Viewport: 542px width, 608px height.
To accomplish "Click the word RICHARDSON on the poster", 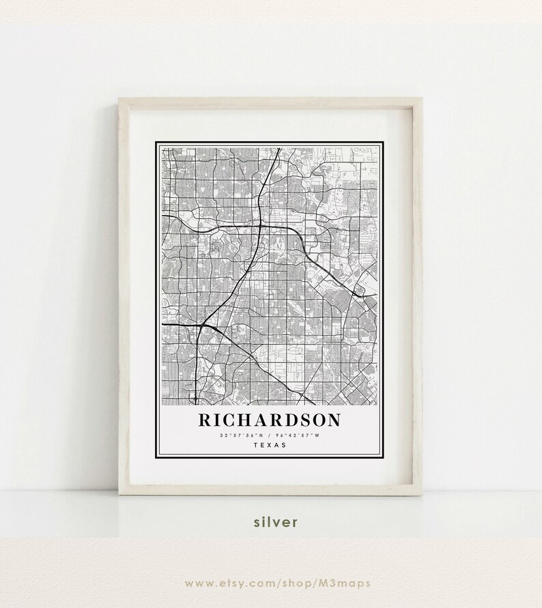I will (x=269, y=420).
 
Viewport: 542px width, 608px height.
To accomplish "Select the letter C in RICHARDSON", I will (x=230, y=420).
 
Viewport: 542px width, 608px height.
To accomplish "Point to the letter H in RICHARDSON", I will (x=245, y=420).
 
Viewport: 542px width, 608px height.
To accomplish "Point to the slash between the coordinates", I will (x=270, y=435).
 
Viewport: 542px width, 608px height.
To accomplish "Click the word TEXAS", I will (x=270, y=445).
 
